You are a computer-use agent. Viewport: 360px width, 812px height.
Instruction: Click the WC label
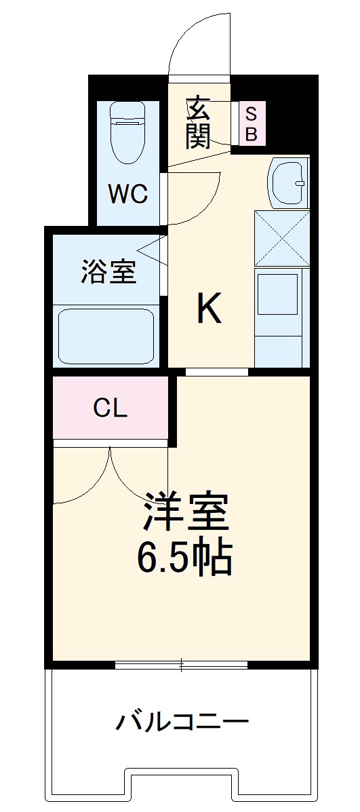(x=129, y=195)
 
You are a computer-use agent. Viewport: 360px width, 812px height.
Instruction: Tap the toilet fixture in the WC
(x=129, y=132)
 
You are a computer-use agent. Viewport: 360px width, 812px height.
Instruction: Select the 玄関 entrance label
(x=198, y=122)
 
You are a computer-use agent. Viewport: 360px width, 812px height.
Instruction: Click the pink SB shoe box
(x=251, y=123)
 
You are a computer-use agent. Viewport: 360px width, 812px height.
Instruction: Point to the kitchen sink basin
(x=289, y=182)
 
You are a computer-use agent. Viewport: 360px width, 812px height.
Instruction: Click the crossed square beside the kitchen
(x=282, y=238)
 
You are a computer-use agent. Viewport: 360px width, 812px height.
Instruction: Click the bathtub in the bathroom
(x=107, y=336)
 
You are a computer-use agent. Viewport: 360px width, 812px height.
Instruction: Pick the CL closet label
(x=110, y=409)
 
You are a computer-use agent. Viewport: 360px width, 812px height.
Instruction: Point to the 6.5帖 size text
(x=184, y=558)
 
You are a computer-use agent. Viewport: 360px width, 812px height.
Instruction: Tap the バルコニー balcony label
(x=181, y=721)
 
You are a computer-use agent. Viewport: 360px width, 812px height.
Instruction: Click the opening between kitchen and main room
(x=217, y=372)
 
